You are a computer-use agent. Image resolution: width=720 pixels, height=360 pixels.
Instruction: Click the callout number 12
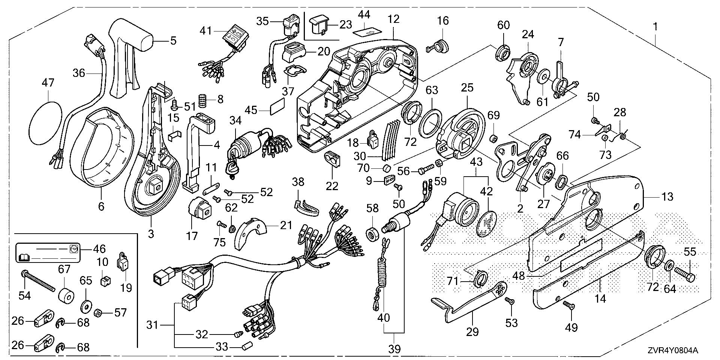[x=394, y=19]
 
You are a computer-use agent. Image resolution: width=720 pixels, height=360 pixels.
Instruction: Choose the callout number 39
[x=394, y=349]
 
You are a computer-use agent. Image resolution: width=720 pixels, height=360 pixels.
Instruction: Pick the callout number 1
[x=655, y=27]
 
